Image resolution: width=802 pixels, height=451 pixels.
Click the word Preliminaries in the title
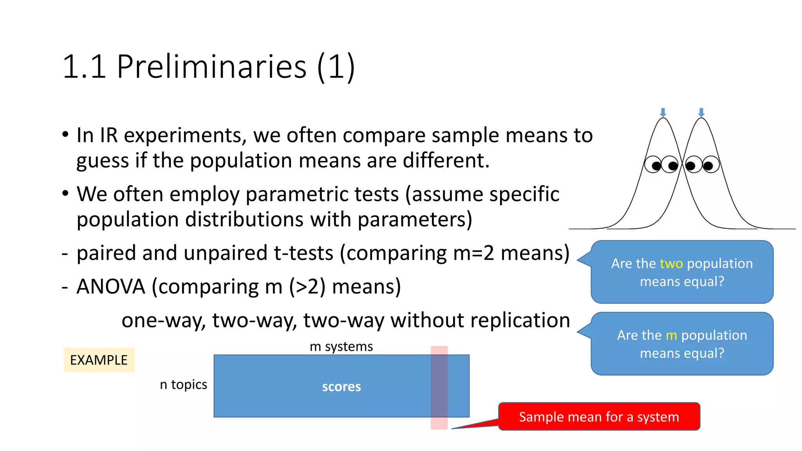click(211, 67)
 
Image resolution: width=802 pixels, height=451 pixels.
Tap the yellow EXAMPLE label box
click(99, 360)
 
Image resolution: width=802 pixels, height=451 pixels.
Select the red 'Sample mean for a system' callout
click(599, 417)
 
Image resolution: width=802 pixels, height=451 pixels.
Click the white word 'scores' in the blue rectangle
click(341, 387)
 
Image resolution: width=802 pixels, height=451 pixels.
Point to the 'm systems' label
click(341, 346)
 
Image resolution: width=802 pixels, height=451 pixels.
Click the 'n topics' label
click(183, 384)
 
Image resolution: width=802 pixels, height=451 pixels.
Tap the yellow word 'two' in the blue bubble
click(671, 263)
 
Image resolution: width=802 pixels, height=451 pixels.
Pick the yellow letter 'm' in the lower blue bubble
click(671, 335)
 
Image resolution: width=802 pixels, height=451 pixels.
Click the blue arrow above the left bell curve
click(663, 113)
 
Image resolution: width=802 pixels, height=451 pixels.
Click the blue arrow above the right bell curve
click(701, 113)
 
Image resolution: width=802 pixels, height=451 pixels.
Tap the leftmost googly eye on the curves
click(653, 164)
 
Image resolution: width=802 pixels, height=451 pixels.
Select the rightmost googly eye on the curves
click(711, 164)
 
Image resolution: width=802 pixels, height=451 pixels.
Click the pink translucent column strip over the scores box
click(439, 388)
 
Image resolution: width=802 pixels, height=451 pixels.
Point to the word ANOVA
click(111, 287)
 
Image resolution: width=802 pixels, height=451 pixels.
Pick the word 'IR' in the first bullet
click(109, 135)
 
